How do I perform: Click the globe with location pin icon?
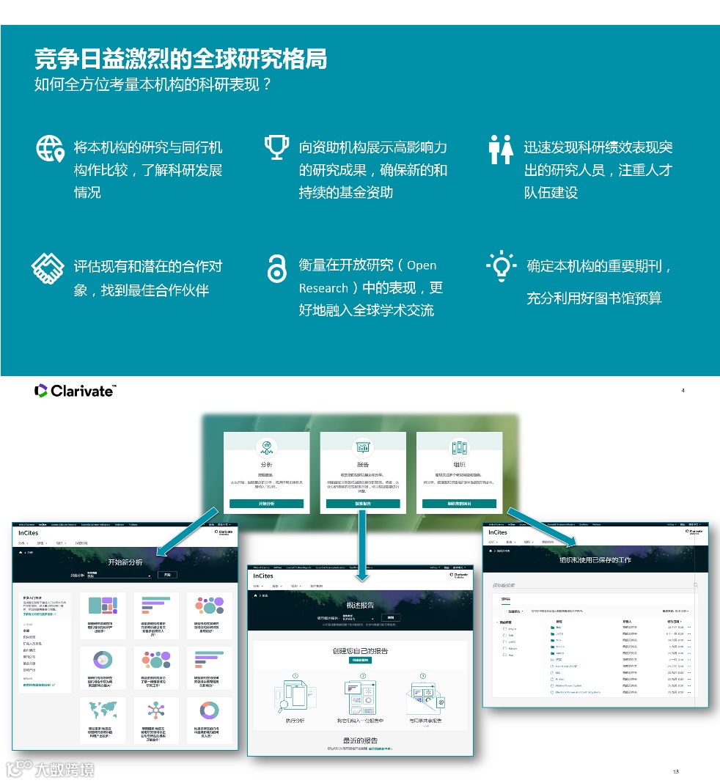click(50, 149)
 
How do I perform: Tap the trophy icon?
click(276, 147)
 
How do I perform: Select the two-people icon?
click(501, 149)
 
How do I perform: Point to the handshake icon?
click(48, 268)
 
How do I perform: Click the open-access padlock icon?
click(276, 269)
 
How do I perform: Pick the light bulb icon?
click(502, 266)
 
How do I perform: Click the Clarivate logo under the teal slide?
click(75, 391)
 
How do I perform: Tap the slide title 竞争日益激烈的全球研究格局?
click(180, 59)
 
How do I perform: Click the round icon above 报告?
click(362, 447)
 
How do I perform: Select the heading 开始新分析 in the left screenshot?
click(125, 562)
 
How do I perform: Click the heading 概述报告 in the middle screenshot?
click(360, 605)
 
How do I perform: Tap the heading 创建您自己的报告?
click(360, 651)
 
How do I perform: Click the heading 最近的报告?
click(360, 740)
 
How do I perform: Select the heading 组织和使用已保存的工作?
click(595, 559)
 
